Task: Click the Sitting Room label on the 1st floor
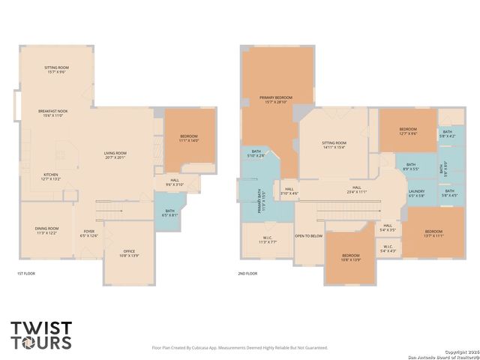(x=57, y=70)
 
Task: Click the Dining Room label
(x=47, y=230)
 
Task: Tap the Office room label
(x=129, y=253)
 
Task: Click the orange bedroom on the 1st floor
(x=188, y=139)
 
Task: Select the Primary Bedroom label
(x=276, y=100)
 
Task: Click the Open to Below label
(x=309, y=235)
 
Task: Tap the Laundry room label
(x=416, y=193)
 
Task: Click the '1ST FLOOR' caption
(x=26, y=274)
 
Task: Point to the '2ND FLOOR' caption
(x=248, y=274)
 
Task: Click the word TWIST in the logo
(x=41, y=328)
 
